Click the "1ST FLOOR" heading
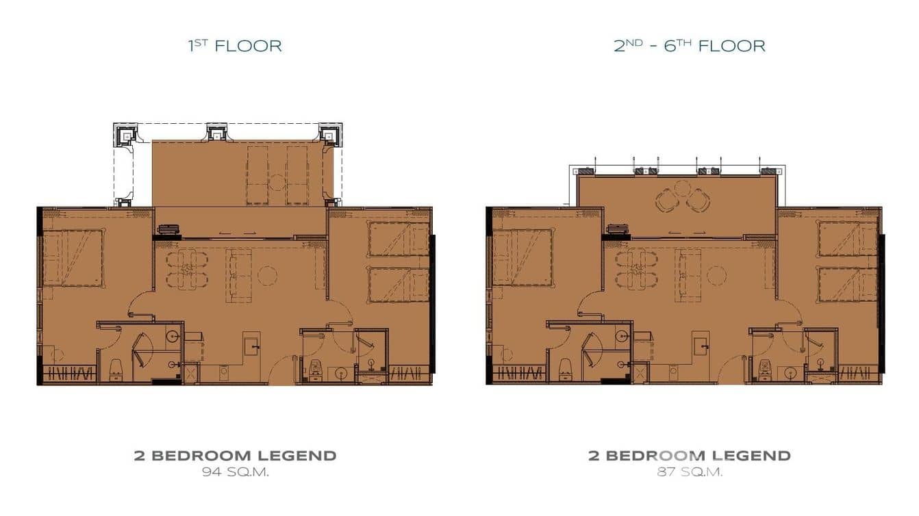coord(235,46)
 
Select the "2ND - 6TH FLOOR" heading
coord(689,46)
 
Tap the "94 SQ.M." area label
coord(235,472)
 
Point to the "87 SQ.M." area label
coord(689,472)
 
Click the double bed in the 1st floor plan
coord(73,257)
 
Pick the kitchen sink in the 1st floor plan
coord(252,344)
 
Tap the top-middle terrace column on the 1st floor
coord(217,132)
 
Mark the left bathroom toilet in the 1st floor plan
coord(115,369)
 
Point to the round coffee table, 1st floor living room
coord(267,276)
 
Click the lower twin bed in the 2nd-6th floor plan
coord(848,284)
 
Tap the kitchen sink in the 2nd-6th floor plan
coord(701,344)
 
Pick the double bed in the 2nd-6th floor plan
coord(523,257)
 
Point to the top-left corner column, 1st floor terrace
coord(125,133)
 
